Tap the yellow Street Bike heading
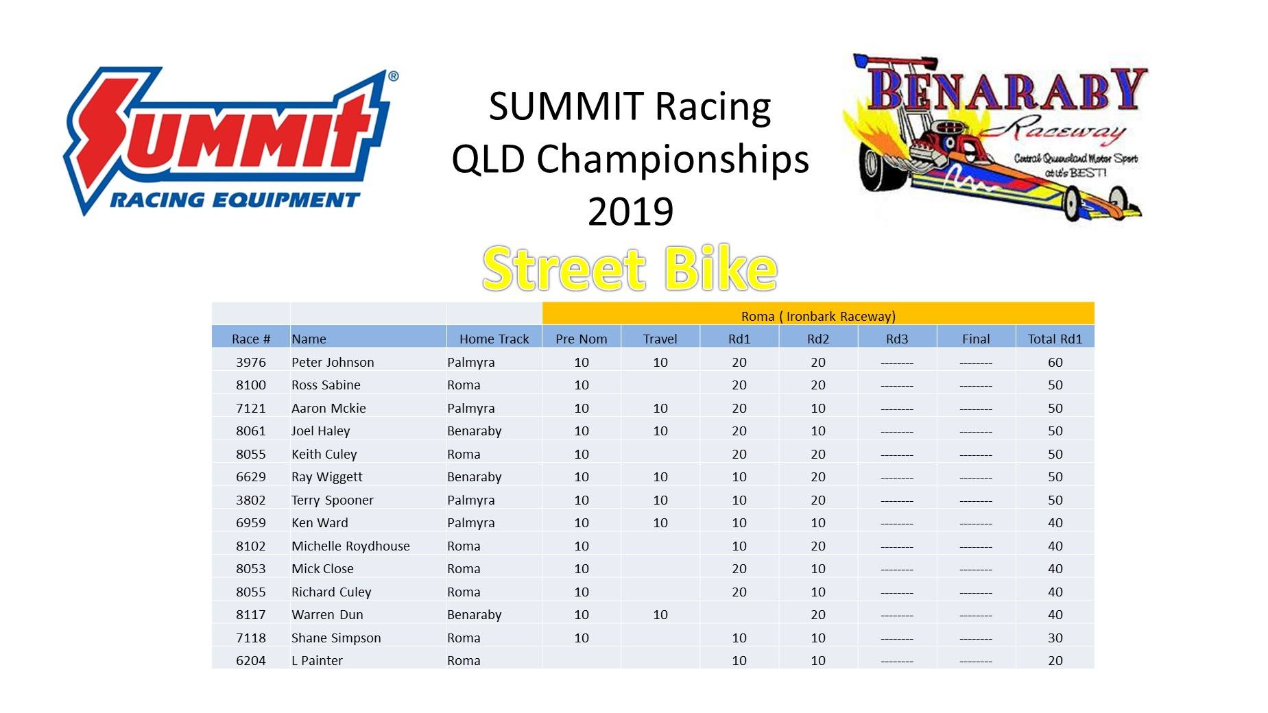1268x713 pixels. (x=630, y=268)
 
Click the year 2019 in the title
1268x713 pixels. (x=630, y=211)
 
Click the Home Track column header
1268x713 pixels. (x=494, y=339)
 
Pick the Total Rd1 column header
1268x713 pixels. (x=1055, y=339)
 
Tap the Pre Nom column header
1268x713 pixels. (x=581, y=339)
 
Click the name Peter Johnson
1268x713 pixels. (x=333, y=362)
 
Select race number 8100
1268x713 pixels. (x=251, y=385)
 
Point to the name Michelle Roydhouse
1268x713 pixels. (x=350, y=546)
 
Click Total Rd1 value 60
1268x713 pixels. (x=1055, y=362)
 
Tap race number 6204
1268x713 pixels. (x=251, y=660)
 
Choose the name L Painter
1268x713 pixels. (x=317, y=660)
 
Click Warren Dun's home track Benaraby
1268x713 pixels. (x=475, y=615)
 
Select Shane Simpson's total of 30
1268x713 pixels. (x=1055, y=638)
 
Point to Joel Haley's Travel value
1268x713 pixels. (x=660, y=431)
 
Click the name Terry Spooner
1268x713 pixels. (x=333, y=500)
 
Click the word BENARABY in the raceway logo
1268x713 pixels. (x=1007, y=89)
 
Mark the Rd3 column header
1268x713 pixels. (x=897, y=339)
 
